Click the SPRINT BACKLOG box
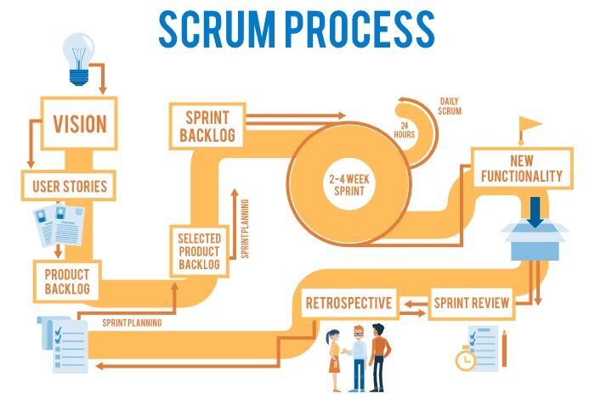(207, 125)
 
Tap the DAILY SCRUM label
(450, 106)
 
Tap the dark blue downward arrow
(534, 211)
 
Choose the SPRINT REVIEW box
(472, 303)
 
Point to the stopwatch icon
(465, 359)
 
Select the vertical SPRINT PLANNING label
(245, 229)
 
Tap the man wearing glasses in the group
(358, 357)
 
